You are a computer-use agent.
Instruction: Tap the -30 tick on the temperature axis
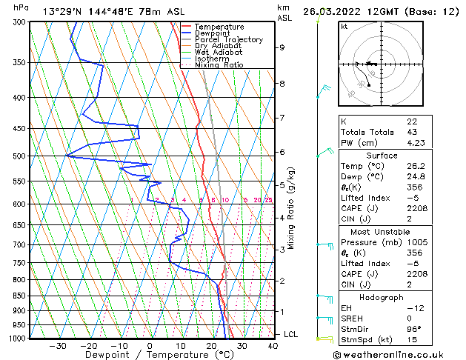(58, 346)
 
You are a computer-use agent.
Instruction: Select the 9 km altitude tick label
(282, 47)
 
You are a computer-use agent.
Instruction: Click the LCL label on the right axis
(291, 335)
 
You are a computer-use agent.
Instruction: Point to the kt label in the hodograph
(344, 26)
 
